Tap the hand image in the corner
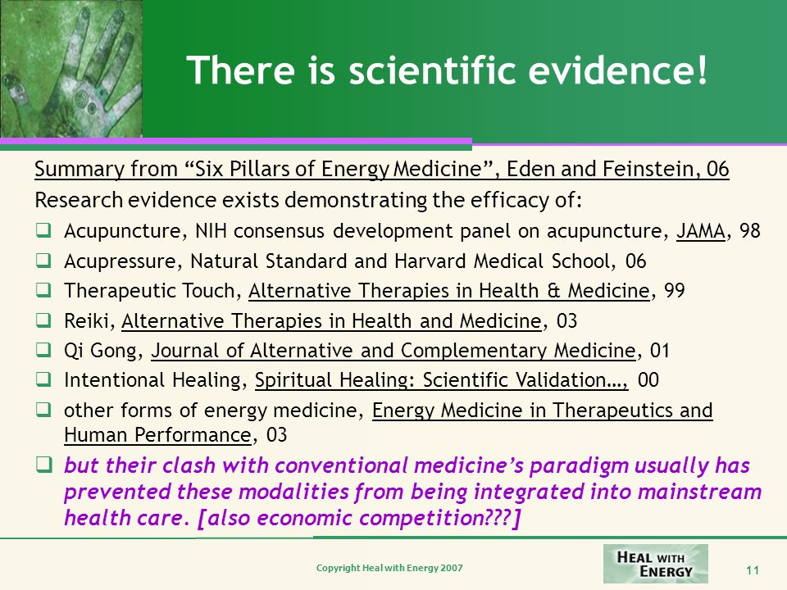[71, 69]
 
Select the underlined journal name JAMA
[701, 231]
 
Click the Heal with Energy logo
[656, 564]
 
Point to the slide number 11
[753, 570]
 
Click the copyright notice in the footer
[389, 568]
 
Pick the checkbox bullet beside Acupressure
[43, 261]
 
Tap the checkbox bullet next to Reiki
[43, 320]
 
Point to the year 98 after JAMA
[750, 231]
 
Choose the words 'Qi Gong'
[100, 351]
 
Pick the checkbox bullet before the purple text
[43, 465]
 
